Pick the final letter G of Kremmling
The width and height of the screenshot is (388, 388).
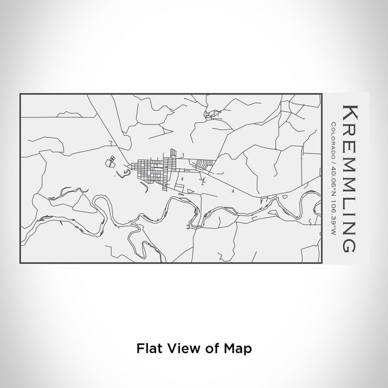pos(349,243)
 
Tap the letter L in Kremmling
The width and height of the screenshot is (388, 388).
pos(349,205)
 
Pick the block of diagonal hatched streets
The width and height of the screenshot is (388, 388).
pos(202,164)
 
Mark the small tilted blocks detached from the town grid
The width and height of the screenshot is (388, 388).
pos(111,162)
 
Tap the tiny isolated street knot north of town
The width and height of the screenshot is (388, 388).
pos(211,115)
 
